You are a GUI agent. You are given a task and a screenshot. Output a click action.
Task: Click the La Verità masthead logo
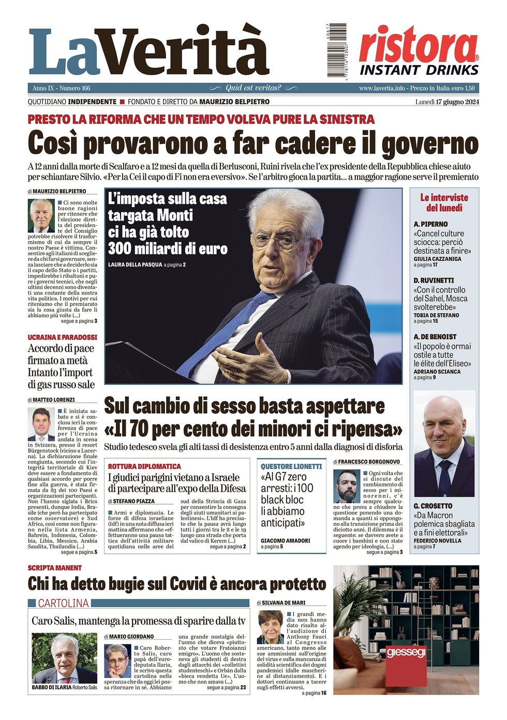point(148,52)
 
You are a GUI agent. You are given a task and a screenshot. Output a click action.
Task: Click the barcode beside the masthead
point(336,50)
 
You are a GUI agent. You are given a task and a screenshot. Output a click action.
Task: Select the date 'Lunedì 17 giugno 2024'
point(447,101)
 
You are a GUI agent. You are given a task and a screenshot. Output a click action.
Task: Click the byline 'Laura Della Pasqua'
point(135,265)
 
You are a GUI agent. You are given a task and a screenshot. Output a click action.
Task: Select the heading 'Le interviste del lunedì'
point(444,202)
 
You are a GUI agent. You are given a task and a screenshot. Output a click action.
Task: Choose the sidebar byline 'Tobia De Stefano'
point(436,315)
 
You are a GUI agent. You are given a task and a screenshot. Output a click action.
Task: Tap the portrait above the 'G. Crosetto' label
point(444,444)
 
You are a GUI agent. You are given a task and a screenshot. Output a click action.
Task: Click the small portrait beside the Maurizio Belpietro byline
point(41,215)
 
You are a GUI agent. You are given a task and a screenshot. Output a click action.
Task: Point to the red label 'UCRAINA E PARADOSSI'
point(62,337)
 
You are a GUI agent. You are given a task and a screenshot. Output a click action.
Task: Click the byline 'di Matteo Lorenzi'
point(51,400)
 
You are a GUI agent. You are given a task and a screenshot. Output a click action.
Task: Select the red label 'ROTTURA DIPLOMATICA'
point(144,466)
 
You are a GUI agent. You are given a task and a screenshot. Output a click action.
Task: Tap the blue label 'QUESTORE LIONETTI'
point(291,466)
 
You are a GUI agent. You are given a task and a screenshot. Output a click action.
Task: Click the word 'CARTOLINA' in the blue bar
point(63,603)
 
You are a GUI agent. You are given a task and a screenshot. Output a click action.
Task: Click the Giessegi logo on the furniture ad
point(406,652)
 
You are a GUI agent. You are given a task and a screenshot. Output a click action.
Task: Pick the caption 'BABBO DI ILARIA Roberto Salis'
point(64,687)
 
